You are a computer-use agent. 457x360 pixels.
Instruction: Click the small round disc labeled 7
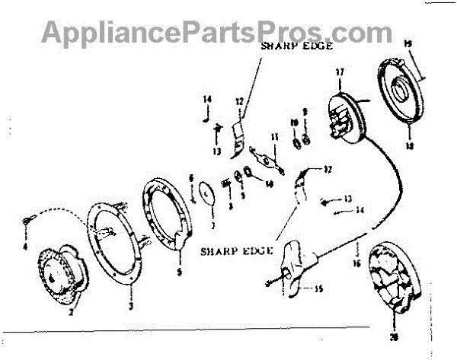point(206,195)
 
